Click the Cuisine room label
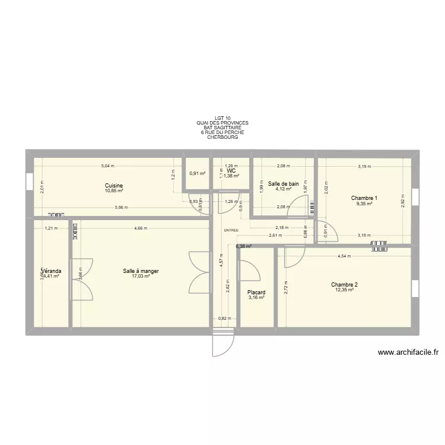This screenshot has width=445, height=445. [113, 186]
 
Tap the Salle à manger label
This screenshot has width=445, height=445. [141, 271]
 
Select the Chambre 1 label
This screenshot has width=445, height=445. [364, 198]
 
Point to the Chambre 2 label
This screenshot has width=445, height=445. [344, 285]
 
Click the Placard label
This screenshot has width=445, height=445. [256, 293]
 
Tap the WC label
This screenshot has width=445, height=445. [231, 170]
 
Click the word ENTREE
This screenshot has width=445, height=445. [231, 230]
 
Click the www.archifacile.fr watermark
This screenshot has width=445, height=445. [408, 352]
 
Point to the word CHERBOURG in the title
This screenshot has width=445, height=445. [223, 137]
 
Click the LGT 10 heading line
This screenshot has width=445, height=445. [223, 118]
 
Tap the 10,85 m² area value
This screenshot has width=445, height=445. [113, 191]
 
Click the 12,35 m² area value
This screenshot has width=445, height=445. [344, 290]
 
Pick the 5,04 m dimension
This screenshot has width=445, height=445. [107, 166]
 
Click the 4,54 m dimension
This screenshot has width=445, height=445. [344, 257]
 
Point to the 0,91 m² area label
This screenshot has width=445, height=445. [197, 174]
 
